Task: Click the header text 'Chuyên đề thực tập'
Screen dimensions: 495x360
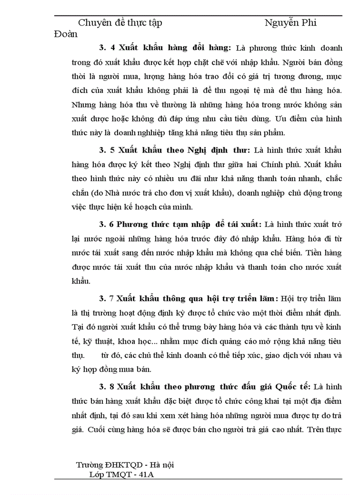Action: pyautogui.click(x=120, y=22)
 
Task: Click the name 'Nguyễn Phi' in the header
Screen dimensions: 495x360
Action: pyautogui.click(x=290, y=22)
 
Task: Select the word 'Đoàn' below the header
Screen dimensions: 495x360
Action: pyautogui.click(x=65, y=33)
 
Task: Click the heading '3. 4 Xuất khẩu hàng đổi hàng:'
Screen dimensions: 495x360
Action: pyautogui.click(x=165, y=47)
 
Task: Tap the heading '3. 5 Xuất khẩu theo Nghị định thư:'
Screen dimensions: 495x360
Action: pyautogui.click(x=172, y=150)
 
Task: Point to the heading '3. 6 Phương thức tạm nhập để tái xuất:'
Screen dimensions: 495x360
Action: pyautogui.click(x=180, y=224)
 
